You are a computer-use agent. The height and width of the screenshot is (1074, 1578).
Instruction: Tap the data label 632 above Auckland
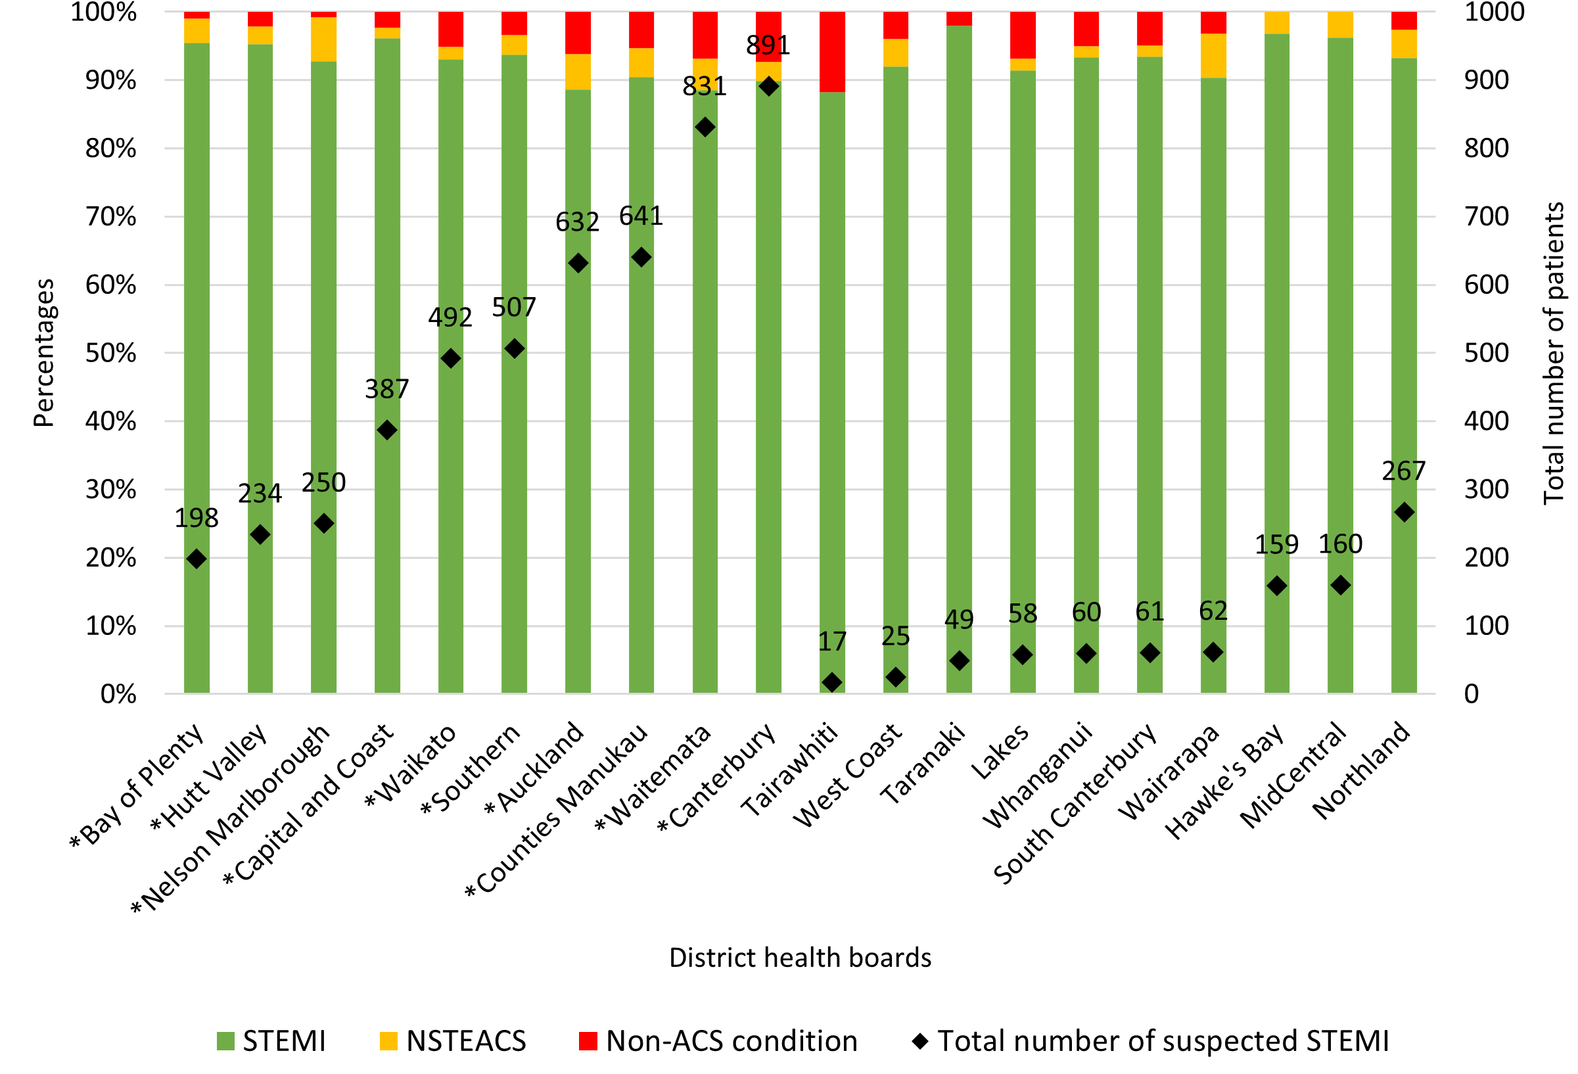[577, 222]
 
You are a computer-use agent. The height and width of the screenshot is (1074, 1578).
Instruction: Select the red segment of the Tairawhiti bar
[832, 51]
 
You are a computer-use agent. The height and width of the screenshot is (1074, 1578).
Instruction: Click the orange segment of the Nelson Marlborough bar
[324, 39]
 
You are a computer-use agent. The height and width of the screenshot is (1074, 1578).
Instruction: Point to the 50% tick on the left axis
[110, 353]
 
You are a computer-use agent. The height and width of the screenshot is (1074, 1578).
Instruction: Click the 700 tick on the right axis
[1485, 216]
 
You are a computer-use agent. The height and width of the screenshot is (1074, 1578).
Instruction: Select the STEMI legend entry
[271, 1040]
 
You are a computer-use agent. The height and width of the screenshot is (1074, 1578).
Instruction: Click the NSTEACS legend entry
[453, 1040]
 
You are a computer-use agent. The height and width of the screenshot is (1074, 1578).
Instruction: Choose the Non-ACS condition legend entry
[718, 1040]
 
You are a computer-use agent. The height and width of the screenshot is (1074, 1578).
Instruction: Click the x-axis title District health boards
[800, 957]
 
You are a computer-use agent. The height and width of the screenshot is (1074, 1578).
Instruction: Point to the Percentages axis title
[43, 353]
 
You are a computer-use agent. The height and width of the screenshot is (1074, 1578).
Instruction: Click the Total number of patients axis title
[1554, 353]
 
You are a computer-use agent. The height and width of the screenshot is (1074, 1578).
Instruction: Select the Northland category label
[1361, 770]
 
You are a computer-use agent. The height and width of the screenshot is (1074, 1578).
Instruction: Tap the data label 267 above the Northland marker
[1403, 471]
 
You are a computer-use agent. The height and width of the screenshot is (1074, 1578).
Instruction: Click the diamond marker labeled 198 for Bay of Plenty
[197, 559]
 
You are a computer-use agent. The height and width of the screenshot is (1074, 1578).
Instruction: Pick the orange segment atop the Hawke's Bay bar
[1276, 23]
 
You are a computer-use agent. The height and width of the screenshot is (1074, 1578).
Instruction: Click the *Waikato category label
[411, 766]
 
